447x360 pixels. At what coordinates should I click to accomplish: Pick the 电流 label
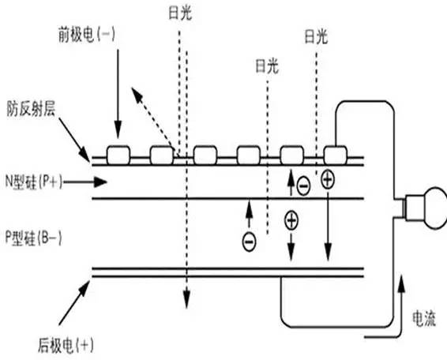tap(423, 316)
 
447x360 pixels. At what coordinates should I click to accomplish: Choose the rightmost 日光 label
tap(315, 36)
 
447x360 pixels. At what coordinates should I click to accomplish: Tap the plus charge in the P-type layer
tap(291, 221)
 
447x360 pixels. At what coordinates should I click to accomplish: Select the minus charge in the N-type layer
tap(303, 187)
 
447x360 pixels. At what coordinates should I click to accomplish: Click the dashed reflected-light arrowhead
tap(136, 96)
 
